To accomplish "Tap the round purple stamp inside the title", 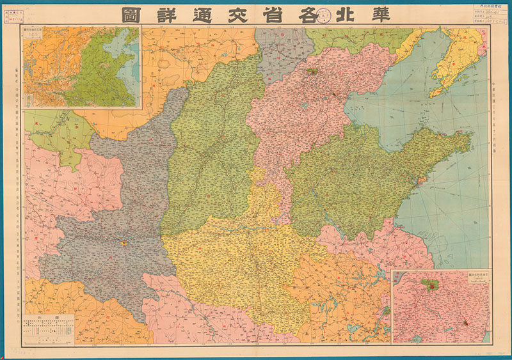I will [323, 15].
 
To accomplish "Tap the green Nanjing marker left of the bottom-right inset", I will [385, 311].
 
